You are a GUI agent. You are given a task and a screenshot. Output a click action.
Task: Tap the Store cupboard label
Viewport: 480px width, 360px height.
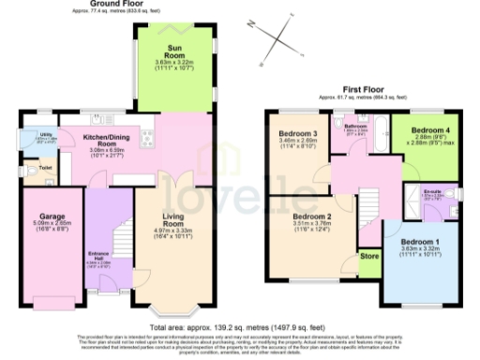369,254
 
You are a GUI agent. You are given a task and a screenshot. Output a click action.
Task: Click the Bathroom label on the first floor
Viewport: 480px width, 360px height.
355,125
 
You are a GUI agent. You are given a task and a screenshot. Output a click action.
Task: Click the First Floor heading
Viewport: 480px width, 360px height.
353,90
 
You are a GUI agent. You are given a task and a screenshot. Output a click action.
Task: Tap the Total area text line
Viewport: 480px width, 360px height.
240,317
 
